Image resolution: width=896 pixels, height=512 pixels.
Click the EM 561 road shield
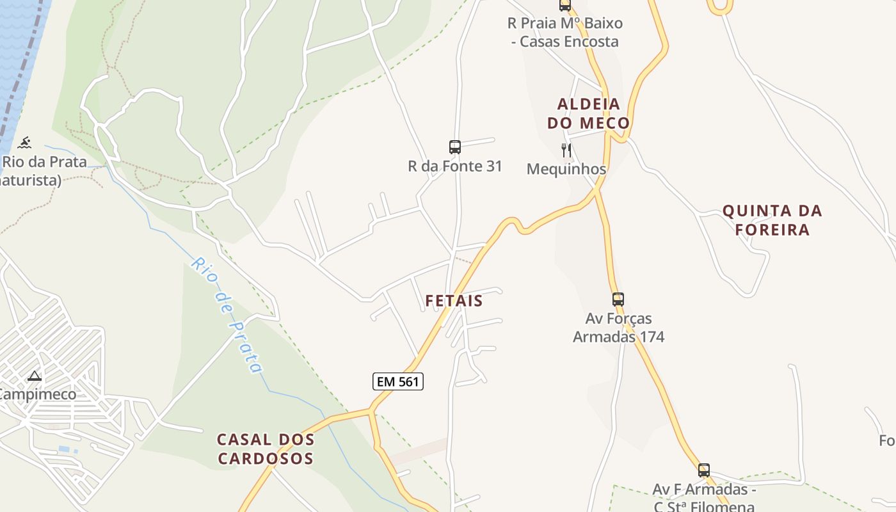pyautogui.click(x=397, y=382)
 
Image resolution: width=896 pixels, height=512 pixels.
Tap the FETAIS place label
pyautogui.click(x=454, y=301)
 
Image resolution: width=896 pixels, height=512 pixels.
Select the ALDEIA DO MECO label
pyautogui.click(x=589, y=113)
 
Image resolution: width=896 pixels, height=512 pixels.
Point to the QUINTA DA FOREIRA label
pyautogui.click(x=772, y=220)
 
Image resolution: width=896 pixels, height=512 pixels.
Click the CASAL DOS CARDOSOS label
pyautogui.click(x=266, y=449)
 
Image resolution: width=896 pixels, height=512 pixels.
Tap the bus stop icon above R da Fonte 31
pyautogui.click(x=455, y=147)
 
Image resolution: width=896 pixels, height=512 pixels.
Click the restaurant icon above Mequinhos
pyautogui.click(x=566, y=150)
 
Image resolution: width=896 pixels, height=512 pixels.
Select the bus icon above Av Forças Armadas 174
pyautogui.click(x=618, y=299)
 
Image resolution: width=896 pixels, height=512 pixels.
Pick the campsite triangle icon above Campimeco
pyautogui.click(x=35, y=376)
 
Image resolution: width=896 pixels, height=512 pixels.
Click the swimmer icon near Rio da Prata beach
pyautogui.click(x=25, y=142)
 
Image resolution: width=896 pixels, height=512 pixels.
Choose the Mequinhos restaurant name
pyautogui.click(x=566, y=169)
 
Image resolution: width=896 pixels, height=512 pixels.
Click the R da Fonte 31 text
pyautogui.click(x=455, y=166)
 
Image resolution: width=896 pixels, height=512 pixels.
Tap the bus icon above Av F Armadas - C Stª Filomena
pyautogui.click(x=704, y=470)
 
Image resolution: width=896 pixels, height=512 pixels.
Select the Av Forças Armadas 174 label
pyautogui.click(x=618, y=328)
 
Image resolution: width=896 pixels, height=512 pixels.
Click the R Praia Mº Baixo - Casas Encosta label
pyautogui.click(x=564, y=33)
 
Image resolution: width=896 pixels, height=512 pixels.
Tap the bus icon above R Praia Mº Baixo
pyautogui.click(x=564, y=5)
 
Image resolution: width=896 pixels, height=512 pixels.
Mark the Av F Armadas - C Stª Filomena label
pyautogui.click(x=704, y=498)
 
